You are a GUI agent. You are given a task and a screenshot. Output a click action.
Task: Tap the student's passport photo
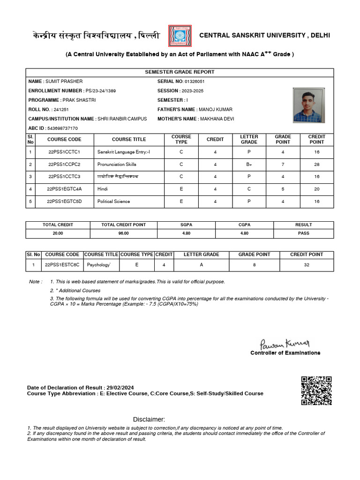307,105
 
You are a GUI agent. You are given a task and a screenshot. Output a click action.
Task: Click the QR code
316,390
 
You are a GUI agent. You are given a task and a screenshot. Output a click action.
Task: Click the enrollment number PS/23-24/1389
100,91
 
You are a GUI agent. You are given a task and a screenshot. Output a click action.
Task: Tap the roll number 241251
61,110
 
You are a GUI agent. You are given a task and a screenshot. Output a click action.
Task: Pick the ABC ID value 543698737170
63,128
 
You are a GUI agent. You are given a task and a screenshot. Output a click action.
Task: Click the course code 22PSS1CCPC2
64,165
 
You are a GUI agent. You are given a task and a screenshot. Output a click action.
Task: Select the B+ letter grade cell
249,165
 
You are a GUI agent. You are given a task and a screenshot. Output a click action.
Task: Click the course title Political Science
114,202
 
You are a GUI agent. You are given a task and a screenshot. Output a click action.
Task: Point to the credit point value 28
316,165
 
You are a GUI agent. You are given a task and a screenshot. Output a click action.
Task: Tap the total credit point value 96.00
123,233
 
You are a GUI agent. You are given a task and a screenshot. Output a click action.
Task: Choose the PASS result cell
303,233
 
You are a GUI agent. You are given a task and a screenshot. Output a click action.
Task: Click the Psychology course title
99,265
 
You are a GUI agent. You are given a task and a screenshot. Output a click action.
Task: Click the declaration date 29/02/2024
120,388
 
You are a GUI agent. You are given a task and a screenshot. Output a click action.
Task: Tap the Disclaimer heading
149,419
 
